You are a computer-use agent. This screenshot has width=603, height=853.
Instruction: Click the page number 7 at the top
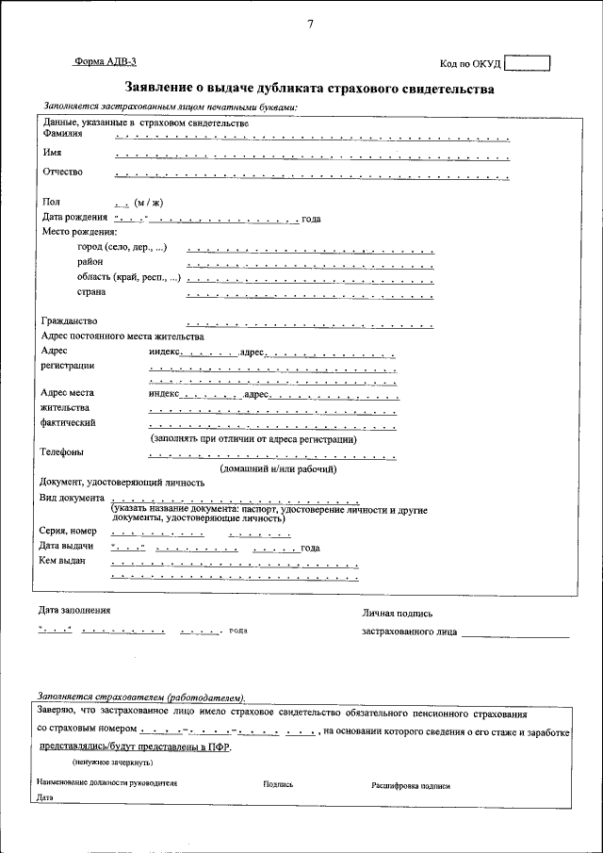pyautogui.click(x=310, y=25)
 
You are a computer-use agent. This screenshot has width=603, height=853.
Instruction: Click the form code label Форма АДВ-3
pyautogui.click(x=105, y=61)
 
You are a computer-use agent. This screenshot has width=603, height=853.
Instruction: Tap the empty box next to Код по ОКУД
pyautogui.click(x=527, y=63)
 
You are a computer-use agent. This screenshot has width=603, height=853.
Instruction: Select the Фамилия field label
pyautogui.click(x=63, y=133)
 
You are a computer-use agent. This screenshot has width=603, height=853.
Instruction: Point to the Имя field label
pyautogui.click(x=53, y=152)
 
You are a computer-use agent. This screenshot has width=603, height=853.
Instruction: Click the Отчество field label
pyautogui.click(x=63, y=172)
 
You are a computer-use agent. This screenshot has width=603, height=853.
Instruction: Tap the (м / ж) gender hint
pyautogui.click(x=148, y=202)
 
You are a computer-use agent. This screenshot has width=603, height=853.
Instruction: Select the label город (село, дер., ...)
pyautogui.click(x=122, y=247)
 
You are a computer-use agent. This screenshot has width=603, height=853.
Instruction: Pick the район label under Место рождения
pyautogui.click(x=90, y=262)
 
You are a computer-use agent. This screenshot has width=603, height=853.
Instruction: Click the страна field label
pyautogui.click(x=91, y=291)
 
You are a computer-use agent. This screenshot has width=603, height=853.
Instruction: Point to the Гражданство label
pyautogui.click(x=71, y=320)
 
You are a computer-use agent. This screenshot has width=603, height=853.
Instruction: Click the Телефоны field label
pyautogui.click(x=61, y=451)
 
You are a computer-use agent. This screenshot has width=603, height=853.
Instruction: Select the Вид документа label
pyautogui.click(x=72, y=497)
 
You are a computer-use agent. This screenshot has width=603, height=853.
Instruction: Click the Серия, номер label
pyautogui.click(x=69, y=531)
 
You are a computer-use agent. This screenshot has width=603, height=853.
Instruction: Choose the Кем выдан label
pyautogui.click(x=62, y=561)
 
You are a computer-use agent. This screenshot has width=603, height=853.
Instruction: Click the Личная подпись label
pyautogui.click(x=398, y=613)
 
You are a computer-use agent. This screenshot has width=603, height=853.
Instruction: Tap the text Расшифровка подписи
pyautogui.click(x=411, y=784)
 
